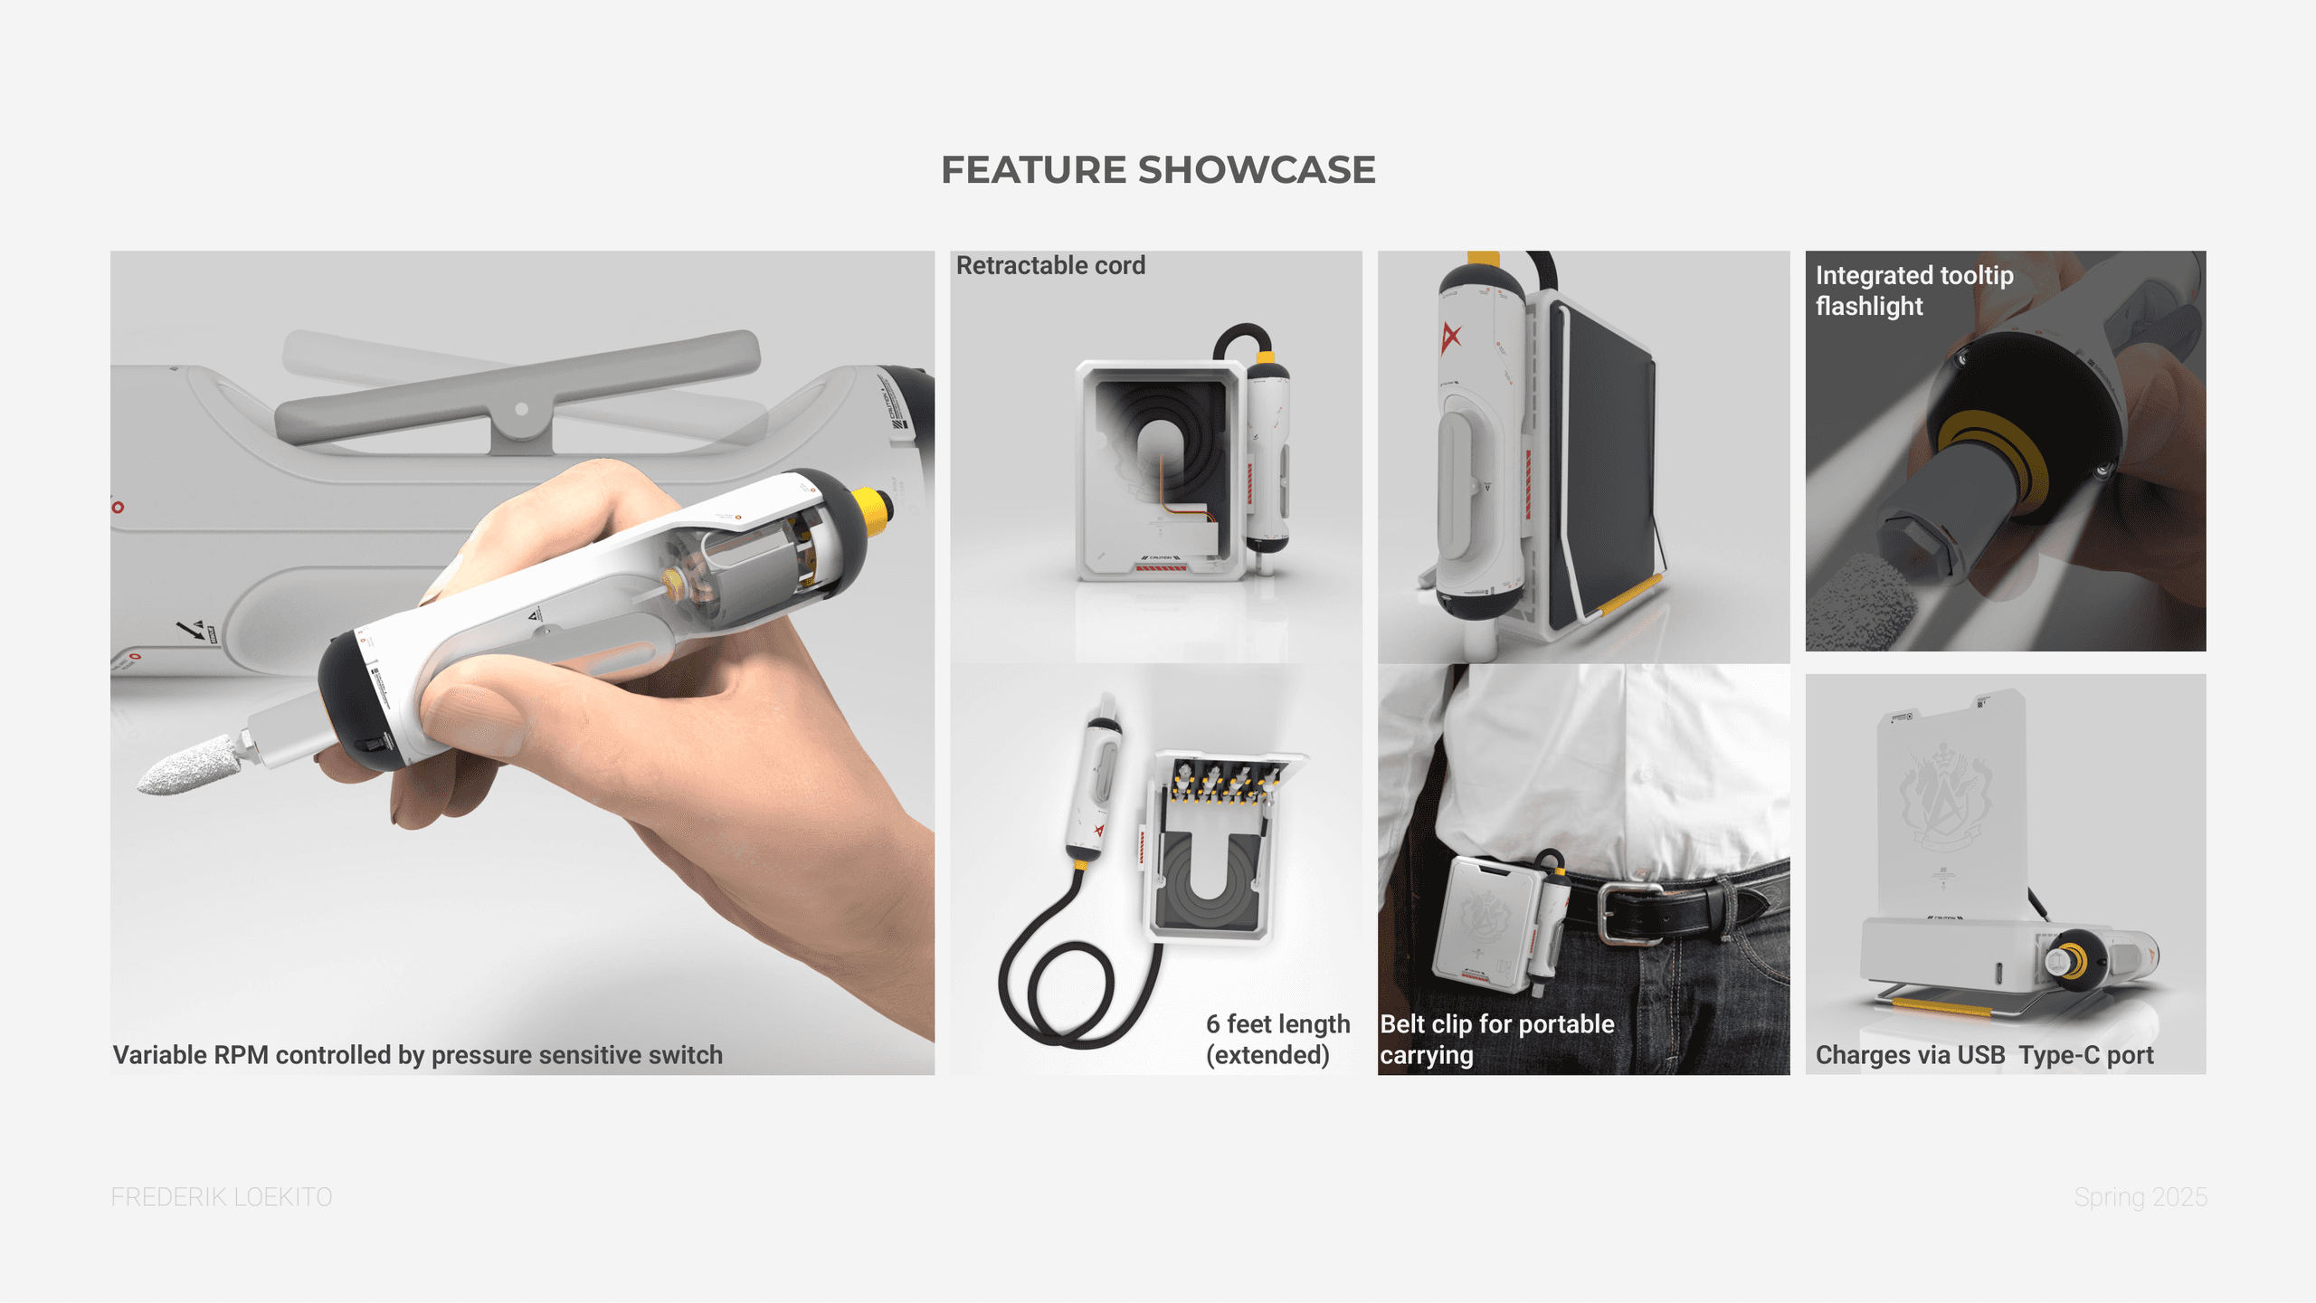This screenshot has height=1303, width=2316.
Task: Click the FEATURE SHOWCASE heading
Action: (x=1158, y=170)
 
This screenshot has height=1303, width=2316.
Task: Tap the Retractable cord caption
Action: (x=1050, y=265)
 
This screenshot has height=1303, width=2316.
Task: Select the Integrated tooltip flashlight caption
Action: (x=1914, y=290)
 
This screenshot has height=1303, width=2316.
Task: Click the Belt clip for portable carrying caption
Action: (x=1497, y=1039)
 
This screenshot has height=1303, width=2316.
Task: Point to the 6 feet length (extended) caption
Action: (x=1277, y=1039)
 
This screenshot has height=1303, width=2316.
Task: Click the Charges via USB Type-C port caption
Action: (x=1984, y=1055)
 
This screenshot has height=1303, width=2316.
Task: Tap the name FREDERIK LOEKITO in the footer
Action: (x=222, y=1197)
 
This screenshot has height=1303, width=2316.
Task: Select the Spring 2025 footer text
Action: (x=2140, y=1197)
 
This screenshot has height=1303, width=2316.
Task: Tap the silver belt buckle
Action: (x=1628, y=914)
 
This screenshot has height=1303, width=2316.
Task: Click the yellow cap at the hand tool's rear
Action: (x=872, y=509)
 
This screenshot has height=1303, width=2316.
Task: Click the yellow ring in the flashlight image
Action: (x=1990, y=457)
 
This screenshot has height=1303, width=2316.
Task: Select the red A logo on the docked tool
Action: (x=1451, y=337)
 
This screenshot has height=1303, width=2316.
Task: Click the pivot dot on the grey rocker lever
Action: (x=521, y=409)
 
